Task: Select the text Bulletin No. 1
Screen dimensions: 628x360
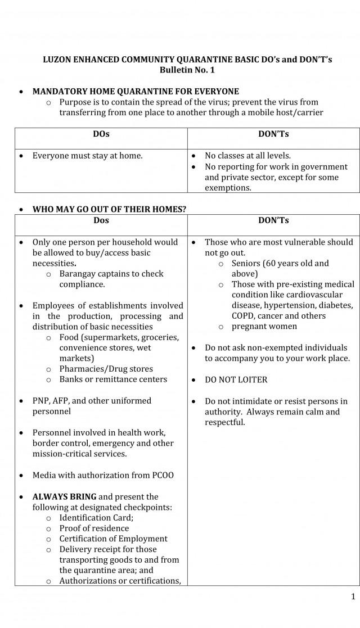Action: pyautogui.click(x=187, y=70)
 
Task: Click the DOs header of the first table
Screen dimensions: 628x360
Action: pyautogui.click(x=101, y=134)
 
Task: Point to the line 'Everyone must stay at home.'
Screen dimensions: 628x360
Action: pyautogui.click(x=87, y=156)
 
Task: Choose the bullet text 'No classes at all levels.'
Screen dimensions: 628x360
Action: pyautogui.click(x=247, y=156)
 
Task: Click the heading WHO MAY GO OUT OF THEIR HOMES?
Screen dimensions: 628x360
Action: pyautogui.click(x=109, y=209)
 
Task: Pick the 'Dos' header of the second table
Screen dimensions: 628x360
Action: pyautogui.click(x=101, y=220)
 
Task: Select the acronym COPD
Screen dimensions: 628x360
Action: pyautogui.click(x=243, y=316)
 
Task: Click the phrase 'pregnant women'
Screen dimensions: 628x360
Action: pyautogui.click(x=264, y=327)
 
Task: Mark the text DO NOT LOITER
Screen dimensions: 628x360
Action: pyautogui.click(x=236, y=380)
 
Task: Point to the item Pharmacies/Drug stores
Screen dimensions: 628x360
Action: pyautogui.click(x=106, y=369)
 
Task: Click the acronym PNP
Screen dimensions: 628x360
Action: pyautogui.click(x=41, y=401)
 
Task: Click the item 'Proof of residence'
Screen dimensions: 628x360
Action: pyautogui.click(x=94, y=528)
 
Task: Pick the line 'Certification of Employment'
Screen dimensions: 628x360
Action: pyautogui.click(x=114, y=539)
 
